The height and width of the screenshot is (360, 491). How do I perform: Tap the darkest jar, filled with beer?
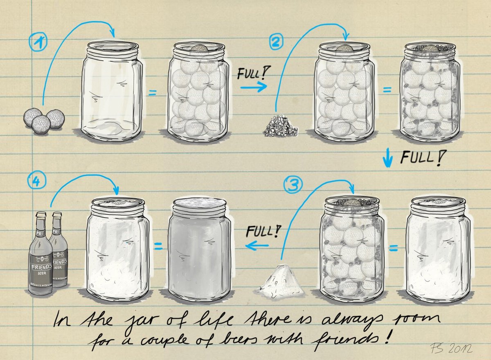pos(197,250)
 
